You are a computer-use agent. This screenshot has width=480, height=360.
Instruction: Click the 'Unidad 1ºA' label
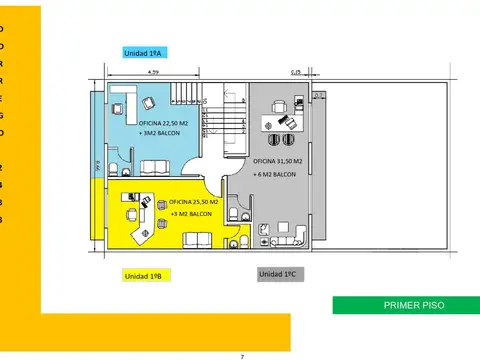point(146,53)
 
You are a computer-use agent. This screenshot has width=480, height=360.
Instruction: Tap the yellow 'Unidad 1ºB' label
point(146,275)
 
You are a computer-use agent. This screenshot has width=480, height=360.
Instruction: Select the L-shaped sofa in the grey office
point(293,236)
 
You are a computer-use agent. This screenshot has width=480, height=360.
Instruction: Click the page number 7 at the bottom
point(241,355)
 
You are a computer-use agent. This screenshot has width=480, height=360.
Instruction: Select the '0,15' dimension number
point(296,72)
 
